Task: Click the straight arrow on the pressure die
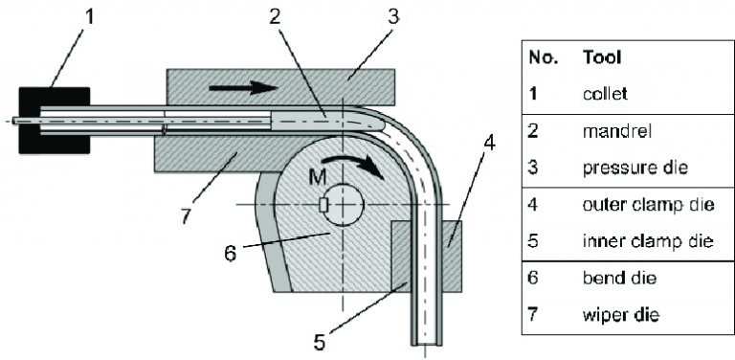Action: [x=234, y=88]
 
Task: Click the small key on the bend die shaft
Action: [x=325, y=204]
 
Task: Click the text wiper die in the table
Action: [x=613, y=314]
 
